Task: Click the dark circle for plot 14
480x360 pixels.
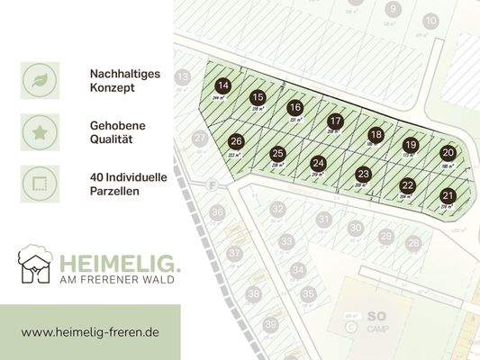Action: tap(223, 85)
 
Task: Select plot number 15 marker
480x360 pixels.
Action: tap(258, 97)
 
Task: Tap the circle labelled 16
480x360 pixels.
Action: tap(295, 108)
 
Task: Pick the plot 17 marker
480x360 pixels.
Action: tap(335, 121)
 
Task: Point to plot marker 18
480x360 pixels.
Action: tap(376, 134)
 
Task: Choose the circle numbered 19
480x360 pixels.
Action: tap(411, 145)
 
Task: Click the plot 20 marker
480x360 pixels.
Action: tap(448, 153)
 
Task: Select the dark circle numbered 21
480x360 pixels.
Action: tap(448, 195)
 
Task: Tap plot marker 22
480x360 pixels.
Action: tap(407, 185)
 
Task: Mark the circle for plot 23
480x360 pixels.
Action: tap(363, 174)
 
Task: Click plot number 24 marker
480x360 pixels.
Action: tap(318, 163)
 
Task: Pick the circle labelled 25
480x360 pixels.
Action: tap(278, 153)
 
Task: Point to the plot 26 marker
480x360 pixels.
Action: tap(236, 141)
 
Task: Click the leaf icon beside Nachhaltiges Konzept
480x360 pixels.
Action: tap(40, 80)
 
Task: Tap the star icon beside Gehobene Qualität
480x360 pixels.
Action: tap(40, 131)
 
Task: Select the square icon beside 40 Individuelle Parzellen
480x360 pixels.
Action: tap(40, 184)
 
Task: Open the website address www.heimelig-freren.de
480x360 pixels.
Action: tap(90, 332)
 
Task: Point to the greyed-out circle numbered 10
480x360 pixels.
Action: tap(430, 21)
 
